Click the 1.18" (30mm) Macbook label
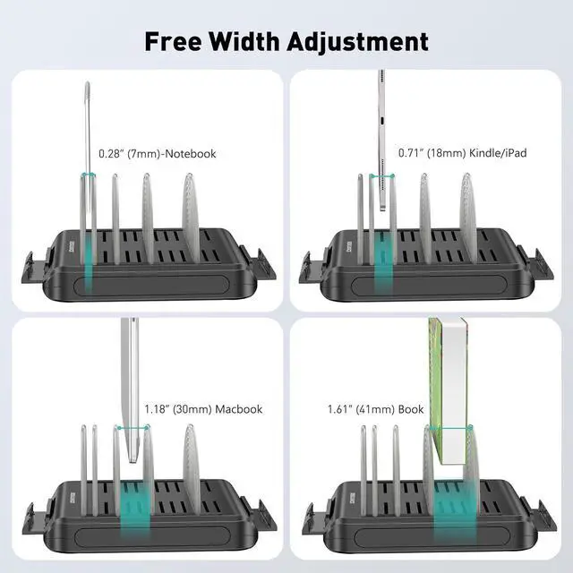tap(203, 409)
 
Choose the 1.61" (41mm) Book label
tap(375, 409)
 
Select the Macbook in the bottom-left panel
tap(131, 385)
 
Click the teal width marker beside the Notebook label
tap(89, 175)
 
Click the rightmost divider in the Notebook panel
tap(191, 219)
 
